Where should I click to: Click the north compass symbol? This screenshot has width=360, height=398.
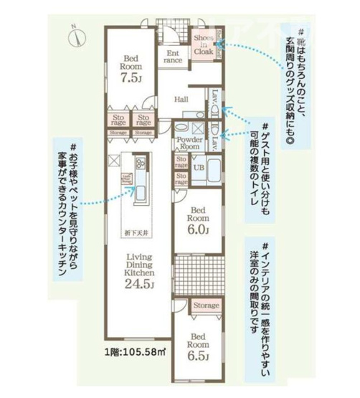click(77, 30)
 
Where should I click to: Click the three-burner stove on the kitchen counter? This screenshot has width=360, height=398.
click(139, 164)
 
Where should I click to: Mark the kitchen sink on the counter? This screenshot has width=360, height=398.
click(140, 192)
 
